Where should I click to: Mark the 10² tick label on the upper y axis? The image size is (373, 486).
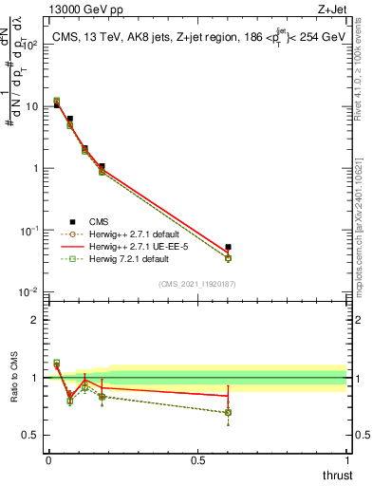32,45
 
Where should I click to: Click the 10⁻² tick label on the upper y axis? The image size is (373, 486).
32,292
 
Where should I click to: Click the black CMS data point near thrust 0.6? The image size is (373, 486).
228,247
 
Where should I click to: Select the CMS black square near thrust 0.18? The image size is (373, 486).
102,166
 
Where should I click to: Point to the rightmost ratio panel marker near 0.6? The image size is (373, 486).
228,412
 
